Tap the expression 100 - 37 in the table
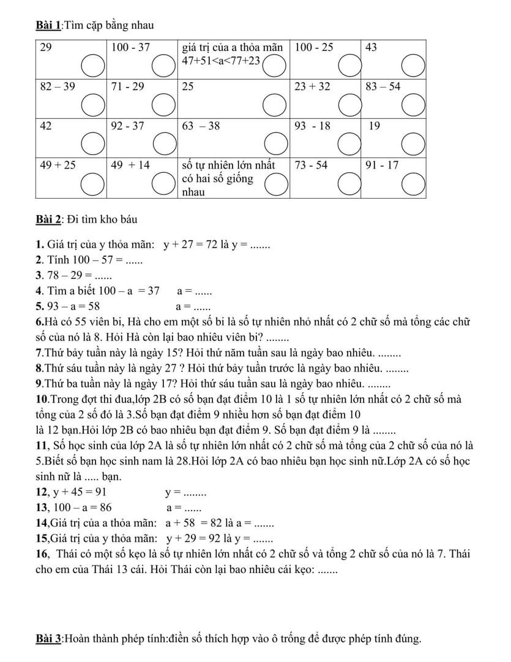point(130,47)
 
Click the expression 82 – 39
point(58,86)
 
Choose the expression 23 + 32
point(312,86)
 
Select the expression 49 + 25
point(58,165)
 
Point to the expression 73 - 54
point(311,165)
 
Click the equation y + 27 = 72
point(190,245)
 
